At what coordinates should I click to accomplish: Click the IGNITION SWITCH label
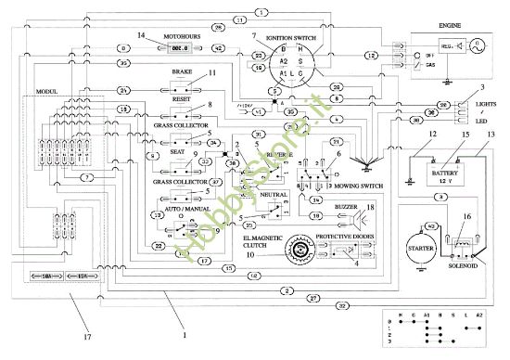point(289,38)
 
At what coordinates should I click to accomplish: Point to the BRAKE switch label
point(181,71)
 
